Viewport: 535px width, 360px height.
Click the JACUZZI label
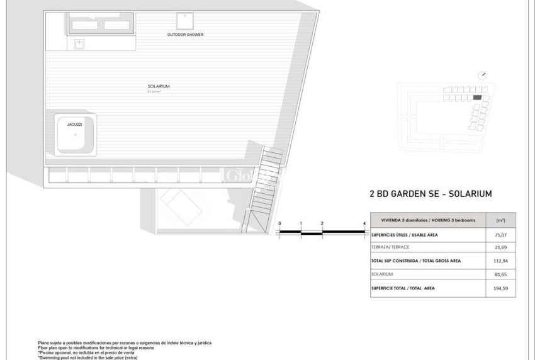click(74, 125)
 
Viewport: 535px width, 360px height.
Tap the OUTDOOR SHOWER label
click(185, 35)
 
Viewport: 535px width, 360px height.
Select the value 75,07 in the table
click(500, 235)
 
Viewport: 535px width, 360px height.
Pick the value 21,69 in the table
click(500, 248)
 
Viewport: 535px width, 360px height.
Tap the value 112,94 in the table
click(500, 261)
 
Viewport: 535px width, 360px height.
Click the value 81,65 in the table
click(500, 274)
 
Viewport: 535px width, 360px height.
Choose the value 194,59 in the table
click(500, 288)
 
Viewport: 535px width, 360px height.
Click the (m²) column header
click(500, 220)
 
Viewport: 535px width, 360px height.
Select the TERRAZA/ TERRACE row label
click(393, 248)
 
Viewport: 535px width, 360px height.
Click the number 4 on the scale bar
click(365, 223)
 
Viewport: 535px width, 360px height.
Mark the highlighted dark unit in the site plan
click(477, 98)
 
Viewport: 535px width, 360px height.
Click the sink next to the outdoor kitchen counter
click(79, 44)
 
